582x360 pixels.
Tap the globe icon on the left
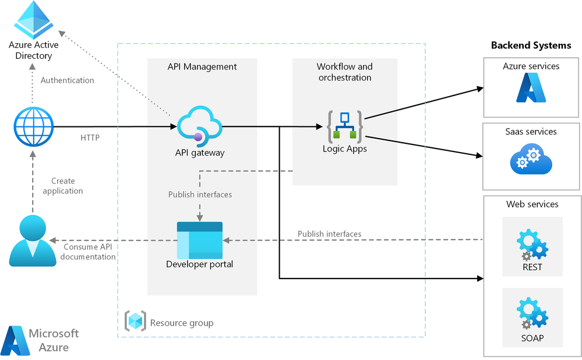click(33, 126)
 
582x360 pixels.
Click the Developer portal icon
click(200, 240)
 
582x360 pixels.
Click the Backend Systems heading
click(531, 45)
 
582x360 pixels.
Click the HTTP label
click(90, 138)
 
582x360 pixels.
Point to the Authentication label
click(67, 80)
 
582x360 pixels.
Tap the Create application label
click(63, 186)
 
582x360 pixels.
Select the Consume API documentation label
click(89, 252)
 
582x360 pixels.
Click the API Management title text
click(202, 66)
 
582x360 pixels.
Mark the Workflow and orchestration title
click(344, 72)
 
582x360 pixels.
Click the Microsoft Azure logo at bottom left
click(40, 340)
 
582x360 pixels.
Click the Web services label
click(532, 204)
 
